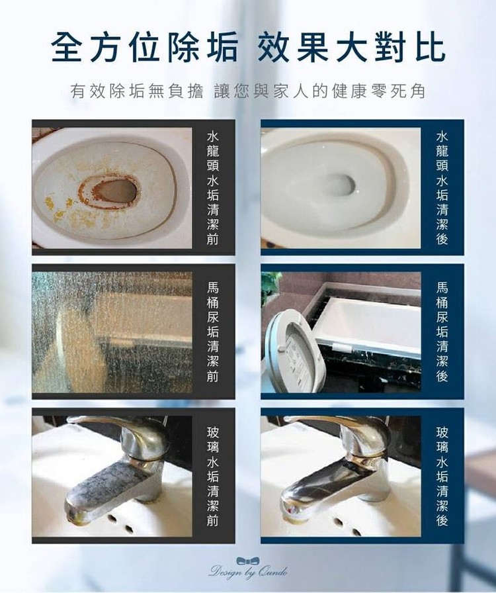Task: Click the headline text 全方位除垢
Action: (x=144, y=48)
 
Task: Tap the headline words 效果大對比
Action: (x=351, y=48)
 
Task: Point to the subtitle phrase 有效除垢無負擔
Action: (x=137, y=91)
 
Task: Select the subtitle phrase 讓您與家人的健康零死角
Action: (x=320, y=91)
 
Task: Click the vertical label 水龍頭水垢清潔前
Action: (x=213, y=188)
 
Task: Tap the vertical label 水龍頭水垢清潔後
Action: (x=442, y=188)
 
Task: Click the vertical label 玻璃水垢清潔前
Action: (x=213, y=476)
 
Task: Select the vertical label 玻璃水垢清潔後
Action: (x=442, y=476)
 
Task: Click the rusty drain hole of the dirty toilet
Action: (x=109, y=192)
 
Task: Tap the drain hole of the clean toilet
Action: (x=340, y=185)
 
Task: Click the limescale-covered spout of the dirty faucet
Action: (x=108, y=488)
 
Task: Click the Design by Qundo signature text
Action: (x=248, y=571)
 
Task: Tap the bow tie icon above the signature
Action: (x=248, y=561)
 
